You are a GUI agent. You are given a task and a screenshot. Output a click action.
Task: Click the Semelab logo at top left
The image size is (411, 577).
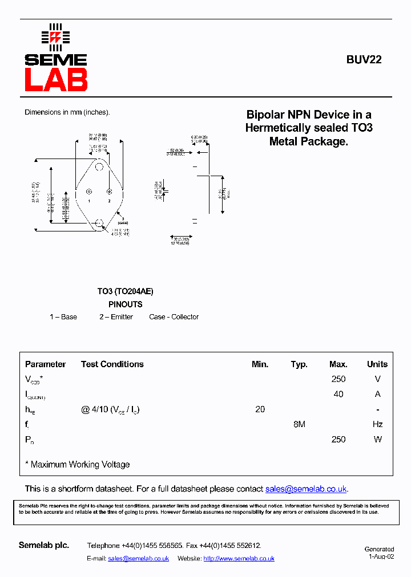(x=55, y=58)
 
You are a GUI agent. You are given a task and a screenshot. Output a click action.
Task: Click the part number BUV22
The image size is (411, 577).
(x=364, y=59)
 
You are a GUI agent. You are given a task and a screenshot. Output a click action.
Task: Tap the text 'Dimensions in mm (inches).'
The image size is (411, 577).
(x=67, y=112)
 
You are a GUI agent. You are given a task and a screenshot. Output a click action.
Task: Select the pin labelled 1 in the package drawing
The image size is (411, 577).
(x=88, y=192)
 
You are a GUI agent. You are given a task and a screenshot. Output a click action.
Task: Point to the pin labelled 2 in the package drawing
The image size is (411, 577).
(x=109, y=192)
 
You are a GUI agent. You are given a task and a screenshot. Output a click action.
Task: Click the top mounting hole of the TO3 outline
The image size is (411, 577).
(x=99, y=167)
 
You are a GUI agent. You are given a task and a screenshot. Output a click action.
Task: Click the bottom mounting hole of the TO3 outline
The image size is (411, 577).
(x=99, y=222)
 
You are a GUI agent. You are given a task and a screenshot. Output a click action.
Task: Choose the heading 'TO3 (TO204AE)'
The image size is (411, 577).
(x=125, y=291)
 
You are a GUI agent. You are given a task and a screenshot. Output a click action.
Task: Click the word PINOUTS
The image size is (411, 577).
(x=125, y=304)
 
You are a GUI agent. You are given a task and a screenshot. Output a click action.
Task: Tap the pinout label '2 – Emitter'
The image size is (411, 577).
(x=116, y=317)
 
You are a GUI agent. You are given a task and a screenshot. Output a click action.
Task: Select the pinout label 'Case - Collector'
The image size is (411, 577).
(x=174, y=317)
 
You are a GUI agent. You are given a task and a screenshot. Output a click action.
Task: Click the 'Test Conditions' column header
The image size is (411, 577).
(x=112, y=364)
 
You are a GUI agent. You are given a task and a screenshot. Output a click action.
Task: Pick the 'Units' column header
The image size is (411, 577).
(x=377, y=364)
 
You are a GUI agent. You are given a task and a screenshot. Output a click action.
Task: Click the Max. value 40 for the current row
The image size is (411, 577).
(x=338, y=395)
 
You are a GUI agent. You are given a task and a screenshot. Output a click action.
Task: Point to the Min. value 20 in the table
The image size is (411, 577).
(x=260, y=409)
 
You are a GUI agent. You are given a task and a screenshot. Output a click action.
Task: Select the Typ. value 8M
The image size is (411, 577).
(x=299, y=424)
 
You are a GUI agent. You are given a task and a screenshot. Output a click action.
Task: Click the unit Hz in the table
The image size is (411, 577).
(x=377, y=424)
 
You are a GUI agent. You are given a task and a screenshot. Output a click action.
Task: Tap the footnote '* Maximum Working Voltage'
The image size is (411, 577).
(x=78, y=465)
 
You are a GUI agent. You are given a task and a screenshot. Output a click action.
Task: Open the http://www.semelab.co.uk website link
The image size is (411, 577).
(x=239, y=559)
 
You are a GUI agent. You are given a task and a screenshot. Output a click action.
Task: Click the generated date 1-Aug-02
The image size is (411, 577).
(x=381, y=556)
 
